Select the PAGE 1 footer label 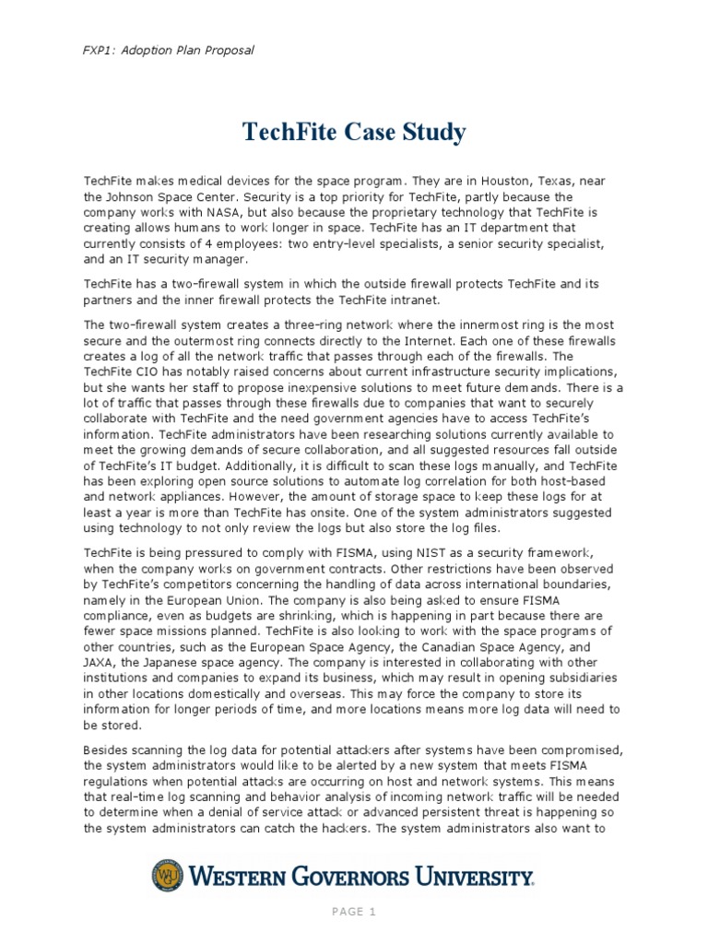(353, 913)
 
